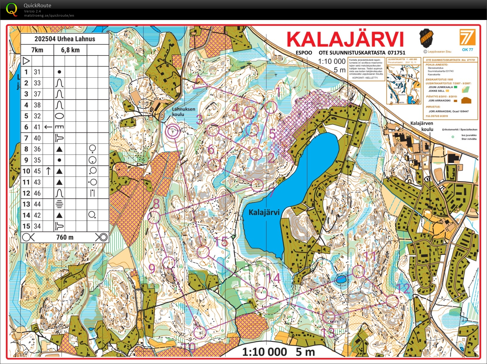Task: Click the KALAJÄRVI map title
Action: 345,39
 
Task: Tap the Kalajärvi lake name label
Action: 264,212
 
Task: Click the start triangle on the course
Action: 199,81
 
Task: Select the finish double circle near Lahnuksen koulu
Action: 173,132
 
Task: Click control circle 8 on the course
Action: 154,217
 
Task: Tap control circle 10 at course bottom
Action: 200,333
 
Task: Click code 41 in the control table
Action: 37,127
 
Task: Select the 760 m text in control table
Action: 65,237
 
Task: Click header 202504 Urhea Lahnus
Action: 65,39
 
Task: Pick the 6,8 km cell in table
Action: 70,50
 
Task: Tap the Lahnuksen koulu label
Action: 183,112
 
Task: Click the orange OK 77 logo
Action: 467,39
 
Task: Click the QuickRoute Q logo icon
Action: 12,9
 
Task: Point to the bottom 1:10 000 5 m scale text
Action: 278,352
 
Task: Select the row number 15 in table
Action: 26,226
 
